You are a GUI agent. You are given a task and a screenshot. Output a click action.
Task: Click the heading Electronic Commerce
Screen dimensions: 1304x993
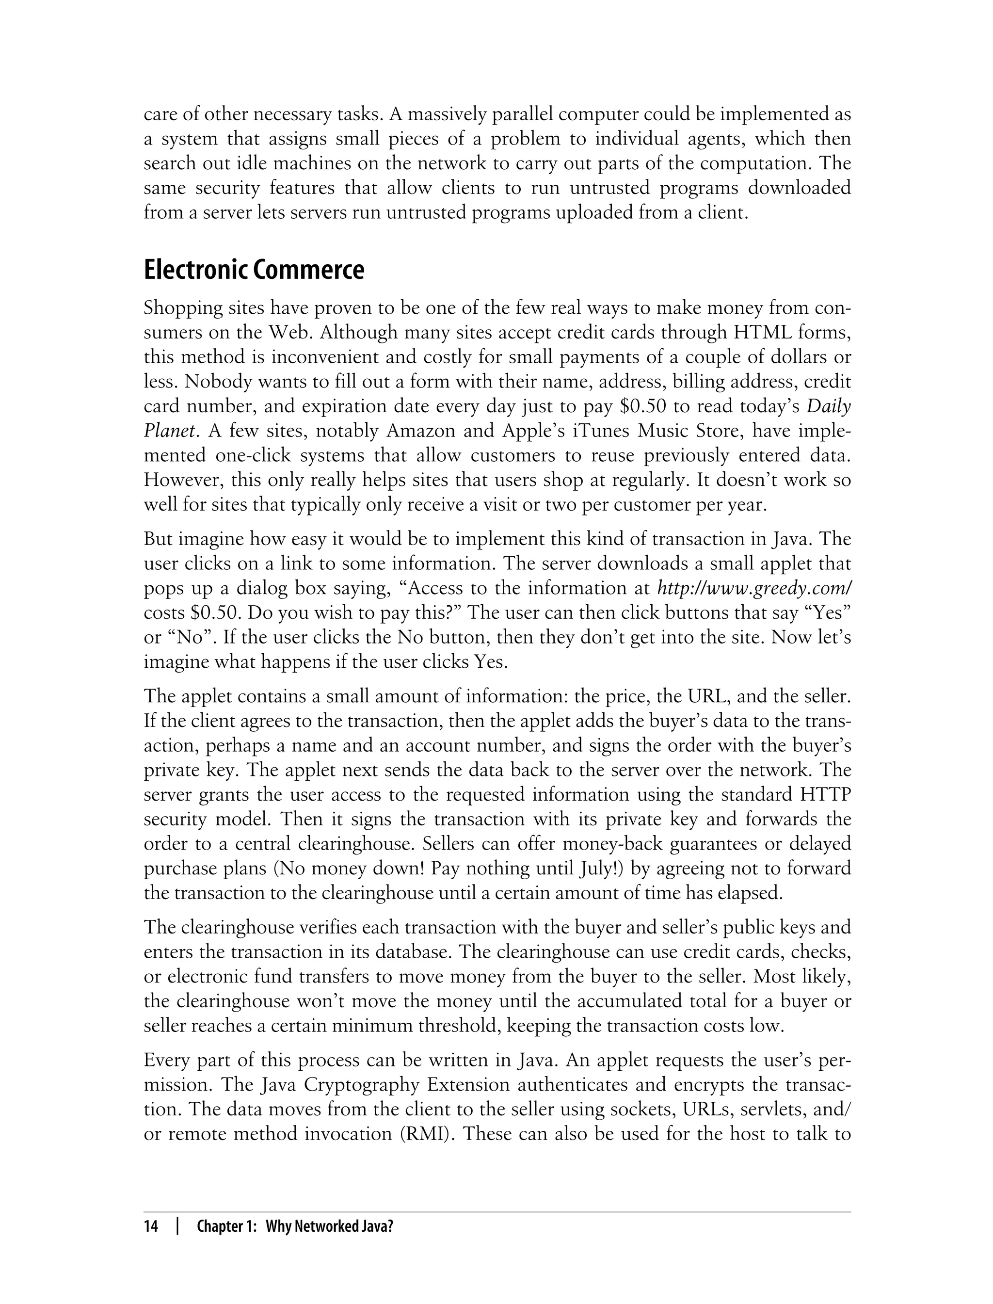coord(254,271)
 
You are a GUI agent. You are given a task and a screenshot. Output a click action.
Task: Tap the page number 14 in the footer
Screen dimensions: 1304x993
coord(151,1226)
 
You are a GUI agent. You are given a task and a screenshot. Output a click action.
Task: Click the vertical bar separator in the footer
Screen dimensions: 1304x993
coord(177,1226)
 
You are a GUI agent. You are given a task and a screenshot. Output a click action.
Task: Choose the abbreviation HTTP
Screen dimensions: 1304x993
coord(825,794)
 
